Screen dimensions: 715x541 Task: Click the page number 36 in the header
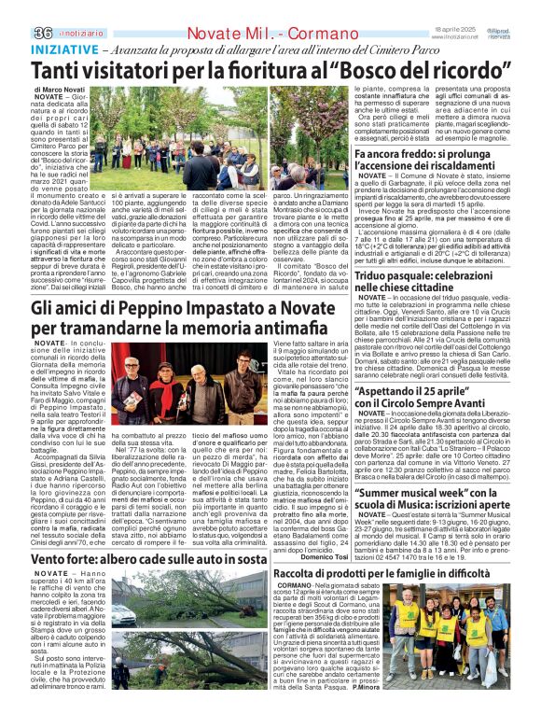15,8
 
